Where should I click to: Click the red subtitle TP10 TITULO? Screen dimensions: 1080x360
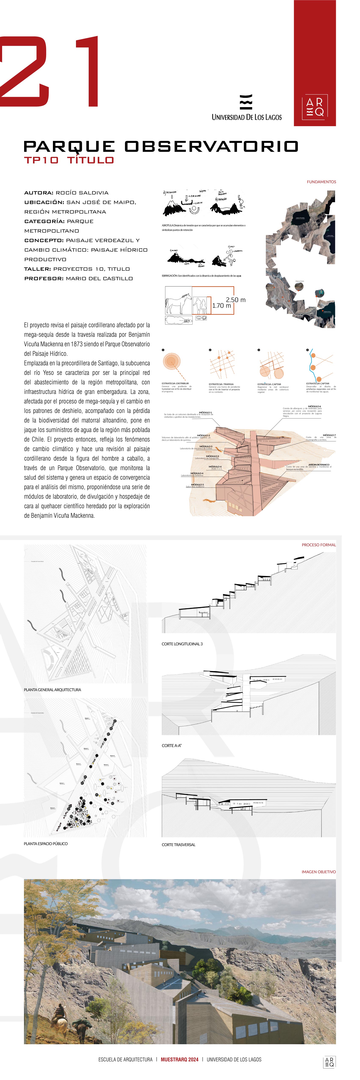(x=69, y=160)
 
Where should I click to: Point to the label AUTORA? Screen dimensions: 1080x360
(x=39, y=193)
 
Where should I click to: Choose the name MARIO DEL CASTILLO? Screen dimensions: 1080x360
(x=99, y=278)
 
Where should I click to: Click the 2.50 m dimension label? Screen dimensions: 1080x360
(x=236, y=300)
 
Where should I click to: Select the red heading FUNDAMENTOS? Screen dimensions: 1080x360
(x=321, y=182)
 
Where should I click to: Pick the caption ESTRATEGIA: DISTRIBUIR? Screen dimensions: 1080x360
(x=175, y=383)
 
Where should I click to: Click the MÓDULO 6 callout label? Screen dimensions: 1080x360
(x=314, y=406)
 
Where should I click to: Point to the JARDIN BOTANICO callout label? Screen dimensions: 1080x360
(x=319, y=464)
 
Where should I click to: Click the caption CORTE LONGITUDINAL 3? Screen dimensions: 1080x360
(x=182, y=644)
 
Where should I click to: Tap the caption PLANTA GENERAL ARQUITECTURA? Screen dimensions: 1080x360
(x=52, y=690)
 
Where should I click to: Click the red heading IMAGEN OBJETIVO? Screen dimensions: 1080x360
(x=319, y=872)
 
